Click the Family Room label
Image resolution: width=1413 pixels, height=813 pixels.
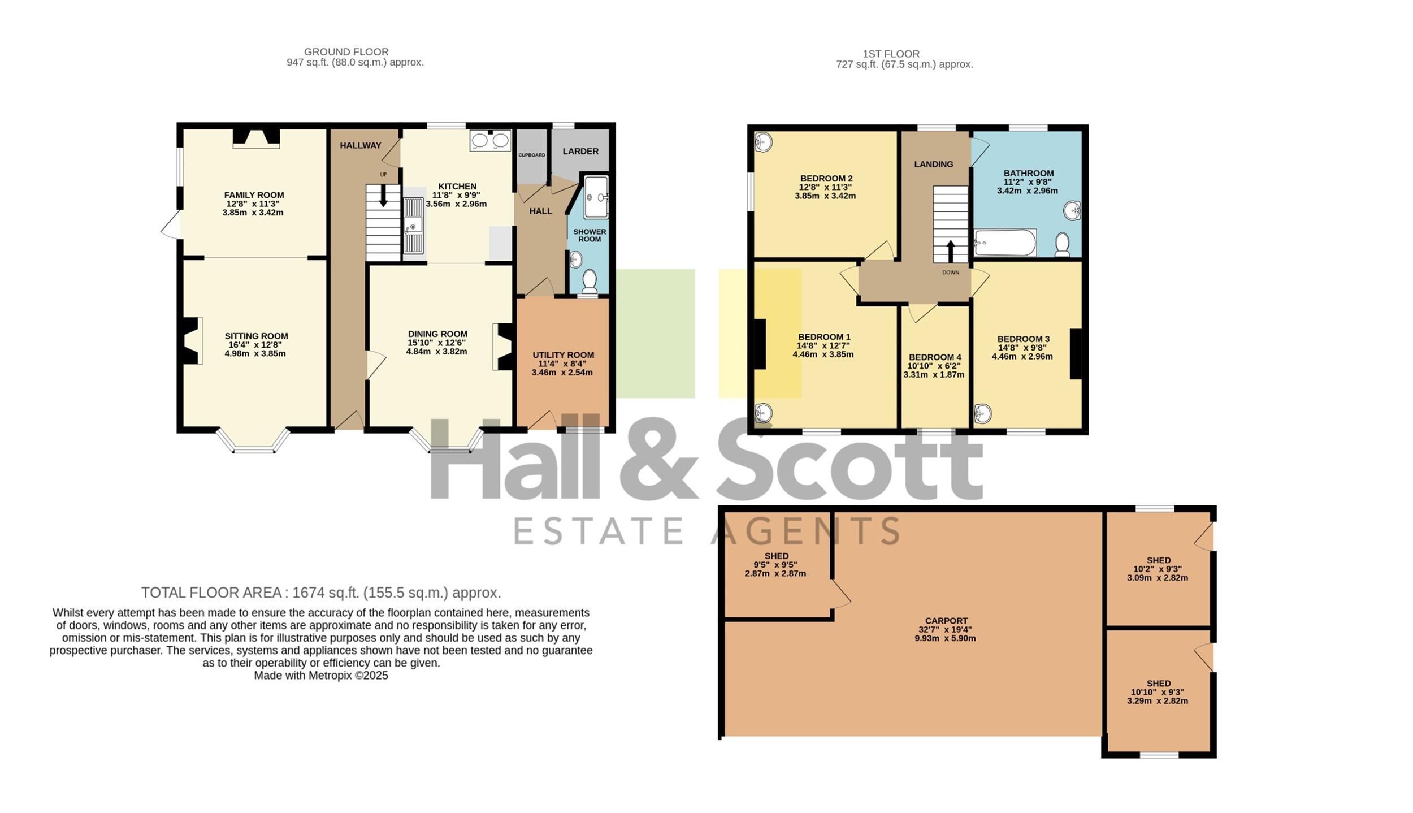point(254,195)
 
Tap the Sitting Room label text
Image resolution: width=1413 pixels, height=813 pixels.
point(256,336)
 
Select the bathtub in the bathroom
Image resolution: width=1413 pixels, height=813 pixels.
point(1005,243)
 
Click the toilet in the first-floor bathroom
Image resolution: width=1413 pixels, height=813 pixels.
point(1062,245)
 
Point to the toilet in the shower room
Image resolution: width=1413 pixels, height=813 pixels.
point(590,281)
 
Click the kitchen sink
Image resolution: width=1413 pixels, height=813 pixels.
point(413,226)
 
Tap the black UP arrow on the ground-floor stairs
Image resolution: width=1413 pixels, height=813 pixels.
point(383,196)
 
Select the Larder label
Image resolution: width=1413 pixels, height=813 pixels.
point(580,151)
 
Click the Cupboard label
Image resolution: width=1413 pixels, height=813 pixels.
point(532,155)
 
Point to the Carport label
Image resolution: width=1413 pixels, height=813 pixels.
point(946,620)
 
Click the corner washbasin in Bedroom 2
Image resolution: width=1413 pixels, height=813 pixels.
point(763,141)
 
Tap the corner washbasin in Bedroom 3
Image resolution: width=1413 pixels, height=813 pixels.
point(983,413)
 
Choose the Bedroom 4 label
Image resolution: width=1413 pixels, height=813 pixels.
point(935,357)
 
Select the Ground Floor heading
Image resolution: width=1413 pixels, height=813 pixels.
point(346,51)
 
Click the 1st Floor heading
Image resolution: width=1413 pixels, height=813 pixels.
point(891,54)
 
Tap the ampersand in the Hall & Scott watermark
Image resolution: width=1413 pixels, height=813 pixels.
point(659,458)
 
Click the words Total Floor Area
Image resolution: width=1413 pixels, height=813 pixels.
point(211,593)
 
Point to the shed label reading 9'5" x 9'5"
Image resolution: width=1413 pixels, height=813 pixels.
point(775,564)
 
